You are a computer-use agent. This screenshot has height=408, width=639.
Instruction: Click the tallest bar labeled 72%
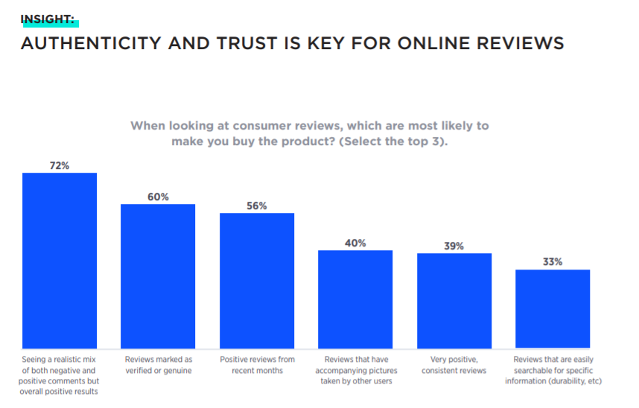pos(60,261)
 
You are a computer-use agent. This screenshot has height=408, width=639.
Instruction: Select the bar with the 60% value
pos(158,276)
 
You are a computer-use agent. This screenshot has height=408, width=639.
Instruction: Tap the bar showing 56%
pos(257,281)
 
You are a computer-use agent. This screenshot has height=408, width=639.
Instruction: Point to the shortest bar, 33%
pos(553,309)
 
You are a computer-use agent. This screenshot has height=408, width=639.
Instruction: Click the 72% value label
pos(60,165)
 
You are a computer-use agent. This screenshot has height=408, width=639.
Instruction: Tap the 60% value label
pos(158,197)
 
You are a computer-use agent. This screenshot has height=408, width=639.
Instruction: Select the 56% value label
pos(257,205)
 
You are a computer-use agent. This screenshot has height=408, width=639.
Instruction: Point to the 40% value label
pos(355,243)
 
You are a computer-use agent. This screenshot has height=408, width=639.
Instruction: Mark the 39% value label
pos(454,246)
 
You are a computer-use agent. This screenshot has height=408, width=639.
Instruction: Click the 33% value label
pos(553,262)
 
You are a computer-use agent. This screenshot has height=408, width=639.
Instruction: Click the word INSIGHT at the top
pos(48,19)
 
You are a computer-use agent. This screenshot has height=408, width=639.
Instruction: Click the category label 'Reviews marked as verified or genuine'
pos(158,365)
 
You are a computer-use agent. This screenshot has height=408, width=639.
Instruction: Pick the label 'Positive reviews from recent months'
pos(257,365)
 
